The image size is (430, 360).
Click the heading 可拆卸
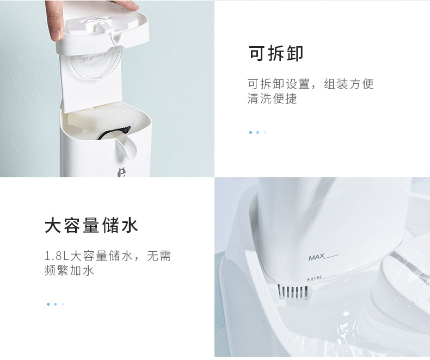pos(276,53)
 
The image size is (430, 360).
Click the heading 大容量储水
pos(91,225)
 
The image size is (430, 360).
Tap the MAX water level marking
pos(323,257)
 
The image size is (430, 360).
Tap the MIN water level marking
pos(315,278)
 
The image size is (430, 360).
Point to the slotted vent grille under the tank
pos(293,291)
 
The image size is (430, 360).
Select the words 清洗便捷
pos(272,98)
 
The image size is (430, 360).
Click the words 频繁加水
pos(69,270)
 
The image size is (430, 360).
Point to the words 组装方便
pos(348,84)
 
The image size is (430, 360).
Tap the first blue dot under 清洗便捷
pos(250,132)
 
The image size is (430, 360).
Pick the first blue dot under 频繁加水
pos(48,304)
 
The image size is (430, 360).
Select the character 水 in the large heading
pos(130,225)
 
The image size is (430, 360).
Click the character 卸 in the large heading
pos(295,53)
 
